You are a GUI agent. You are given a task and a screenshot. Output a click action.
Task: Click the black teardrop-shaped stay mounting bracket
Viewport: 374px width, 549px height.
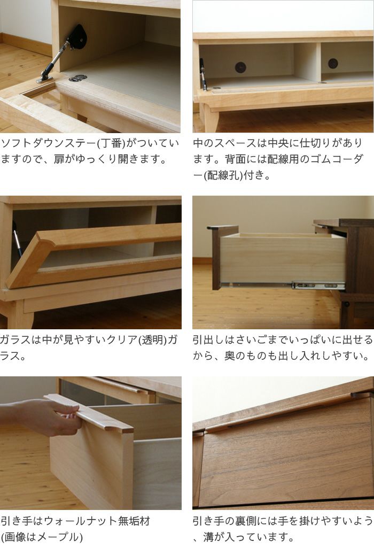77,37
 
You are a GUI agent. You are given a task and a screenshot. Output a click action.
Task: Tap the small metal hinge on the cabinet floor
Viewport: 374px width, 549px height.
77,78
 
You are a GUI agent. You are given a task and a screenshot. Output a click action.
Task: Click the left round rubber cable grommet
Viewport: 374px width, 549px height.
240,67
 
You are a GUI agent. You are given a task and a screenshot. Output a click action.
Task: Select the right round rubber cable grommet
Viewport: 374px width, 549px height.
333,64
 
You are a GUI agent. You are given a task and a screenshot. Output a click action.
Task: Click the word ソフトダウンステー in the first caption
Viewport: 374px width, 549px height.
49,143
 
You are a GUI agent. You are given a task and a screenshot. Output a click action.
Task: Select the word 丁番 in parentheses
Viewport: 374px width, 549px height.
112,143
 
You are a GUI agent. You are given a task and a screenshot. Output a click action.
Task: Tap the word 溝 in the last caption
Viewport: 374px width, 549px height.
208,537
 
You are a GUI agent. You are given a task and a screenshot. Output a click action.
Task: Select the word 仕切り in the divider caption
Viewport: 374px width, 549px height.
315,143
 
